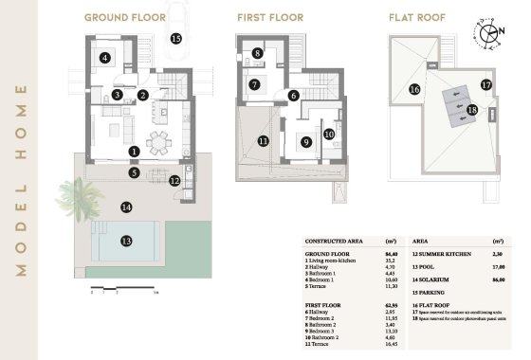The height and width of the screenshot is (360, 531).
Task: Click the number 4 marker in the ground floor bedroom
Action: click(104, 58)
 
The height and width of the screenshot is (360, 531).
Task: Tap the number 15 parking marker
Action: click(175, 39)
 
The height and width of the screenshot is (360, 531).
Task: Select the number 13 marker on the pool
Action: click(125, 242)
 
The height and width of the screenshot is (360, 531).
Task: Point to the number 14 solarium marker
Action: click(125, 207)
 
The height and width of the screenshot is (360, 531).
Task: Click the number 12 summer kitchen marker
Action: click(174, 180)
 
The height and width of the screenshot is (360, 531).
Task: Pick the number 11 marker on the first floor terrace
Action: click(263, 141)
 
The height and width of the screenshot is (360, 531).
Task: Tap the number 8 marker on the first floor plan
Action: click(258, 54)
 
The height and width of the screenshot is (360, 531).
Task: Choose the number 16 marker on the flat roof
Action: click(413, 89)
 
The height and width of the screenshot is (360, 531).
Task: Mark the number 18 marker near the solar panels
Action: click(471, 110)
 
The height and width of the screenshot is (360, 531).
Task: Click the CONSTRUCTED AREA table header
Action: click(331, 242)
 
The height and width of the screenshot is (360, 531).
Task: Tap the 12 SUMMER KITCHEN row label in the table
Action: click(443, 254)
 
